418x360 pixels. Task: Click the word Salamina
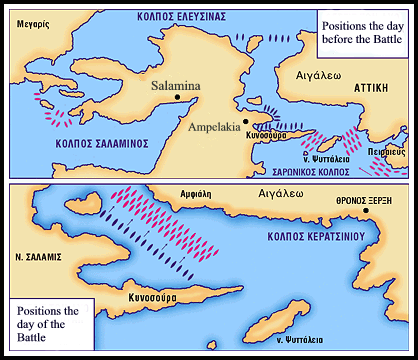(175, 86)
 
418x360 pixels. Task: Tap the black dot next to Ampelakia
(240, 107)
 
